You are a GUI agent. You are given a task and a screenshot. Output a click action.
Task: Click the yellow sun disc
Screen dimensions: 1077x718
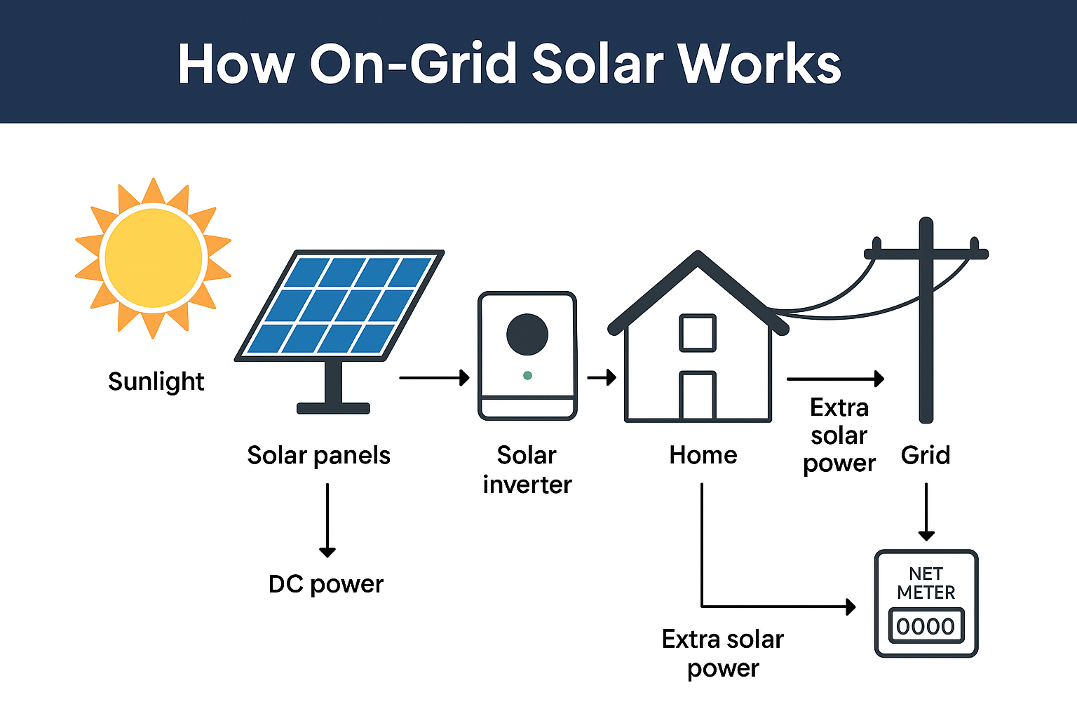[154, 258]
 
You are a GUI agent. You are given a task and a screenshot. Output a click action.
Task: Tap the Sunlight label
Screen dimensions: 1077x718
[156, 382]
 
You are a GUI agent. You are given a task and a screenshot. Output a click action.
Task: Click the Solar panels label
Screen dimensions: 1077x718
[319, 455]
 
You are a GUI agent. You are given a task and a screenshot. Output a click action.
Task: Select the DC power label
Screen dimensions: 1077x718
[326, 585]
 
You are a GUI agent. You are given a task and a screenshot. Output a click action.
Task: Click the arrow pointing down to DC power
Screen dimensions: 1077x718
[327, 520]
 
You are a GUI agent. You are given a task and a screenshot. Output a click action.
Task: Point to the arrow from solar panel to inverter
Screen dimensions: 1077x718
[434, 377]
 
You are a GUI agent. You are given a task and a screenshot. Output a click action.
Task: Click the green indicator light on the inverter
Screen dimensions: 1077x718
[527, 376]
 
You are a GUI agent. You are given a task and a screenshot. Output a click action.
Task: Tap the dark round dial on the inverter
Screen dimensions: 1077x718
[527, 334]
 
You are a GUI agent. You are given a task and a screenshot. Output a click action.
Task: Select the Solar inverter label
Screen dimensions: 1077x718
[527, 469]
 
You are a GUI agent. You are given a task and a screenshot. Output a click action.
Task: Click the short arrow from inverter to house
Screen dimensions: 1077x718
[602, 377]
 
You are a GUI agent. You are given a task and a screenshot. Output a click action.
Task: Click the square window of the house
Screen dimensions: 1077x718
[698, 333]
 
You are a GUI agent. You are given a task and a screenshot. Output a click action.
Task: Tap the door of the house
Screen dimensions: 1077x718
[698, 395]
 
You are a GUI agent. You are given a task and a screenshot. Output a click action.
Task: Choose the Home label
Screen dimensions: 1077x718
[703, 455]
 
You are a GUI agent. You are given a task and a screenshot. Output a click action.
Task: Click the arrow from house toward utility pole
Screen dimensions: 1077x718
[835, 379]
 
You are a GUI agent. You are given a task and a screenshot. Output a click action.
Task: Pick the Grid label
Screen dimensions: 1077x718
[926, 455]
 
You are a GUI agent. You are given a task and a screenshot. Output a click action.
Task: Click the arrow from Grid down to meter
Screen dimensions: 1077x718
[926, 512]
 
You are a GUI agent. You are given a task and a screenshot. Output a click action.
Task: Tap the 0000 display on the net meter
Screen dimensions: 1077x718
[926, 626]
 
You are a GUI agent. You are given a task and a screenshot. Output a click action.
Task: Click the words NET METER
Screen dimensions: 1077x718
[926, 583]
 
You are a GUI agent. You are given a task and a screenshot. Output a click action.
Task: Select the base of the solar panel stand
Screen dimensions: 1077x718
[333, 408]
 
